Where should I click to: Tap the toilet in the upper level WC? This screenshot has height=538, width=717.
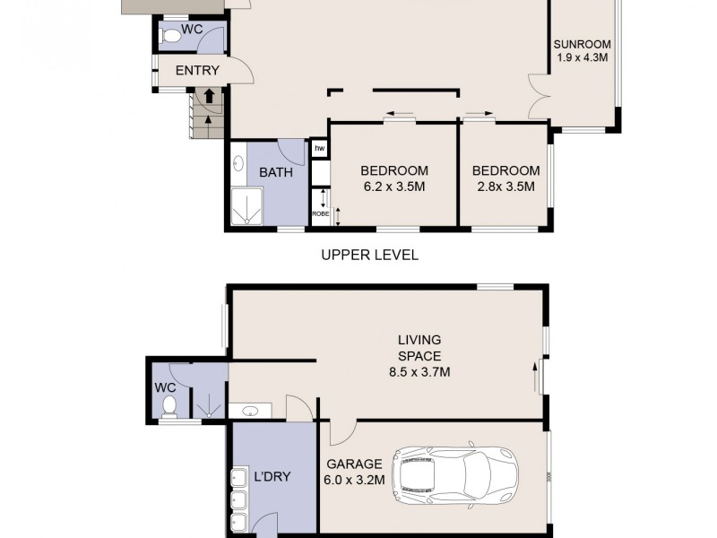pos(168,36)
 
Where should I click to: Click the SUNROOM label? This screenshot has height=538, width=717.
pos(582,44)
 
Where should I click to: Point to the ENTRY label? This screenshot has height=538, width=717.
pos(196,71)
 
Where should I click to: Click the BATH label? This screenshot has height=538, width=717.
pos(276,172)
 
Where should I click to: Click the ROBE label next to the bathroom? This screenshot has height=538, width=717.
pos(318,213)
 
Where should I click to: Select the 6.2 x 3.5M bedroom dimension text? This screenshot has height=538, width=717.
pos(394,187)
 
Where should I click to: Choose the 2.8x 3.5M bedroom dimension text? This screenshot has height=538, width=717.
pos(505,187)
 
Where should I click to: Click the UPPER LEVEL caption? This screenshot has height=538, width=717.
pos(369,255)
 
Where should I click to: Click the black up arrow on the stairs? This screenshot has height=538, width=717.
pos(209,95)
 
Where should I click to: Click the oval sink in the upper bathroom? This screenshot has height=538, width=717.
pos(238,164)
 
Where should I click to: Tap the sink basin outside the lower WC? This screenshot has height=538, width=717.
pos(251,411)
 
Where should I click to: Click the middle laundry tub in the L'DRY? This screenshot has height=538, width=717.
pos(239,500)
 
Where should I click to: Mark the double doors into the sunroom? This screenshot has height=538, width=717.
pos(540,97)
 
